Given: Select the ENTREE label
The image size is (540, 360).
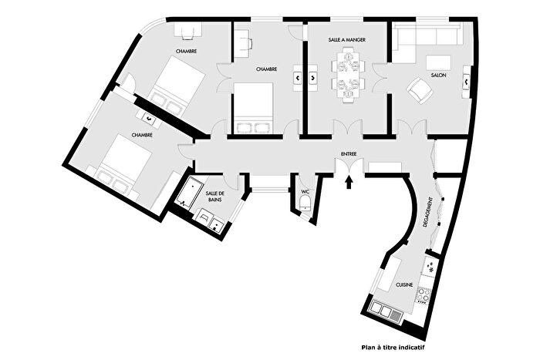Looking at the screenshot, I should [348, 140].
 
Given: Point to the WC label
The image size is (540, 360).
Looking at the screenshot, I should [305, 191].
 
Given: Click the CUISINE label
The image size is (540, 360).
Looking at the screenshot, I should [405, 284].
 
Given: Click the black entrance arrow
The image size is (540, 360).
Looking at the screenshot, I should [349, 183].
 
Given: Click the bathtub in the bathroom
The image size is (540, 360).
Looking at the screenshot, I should [188, 193].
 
